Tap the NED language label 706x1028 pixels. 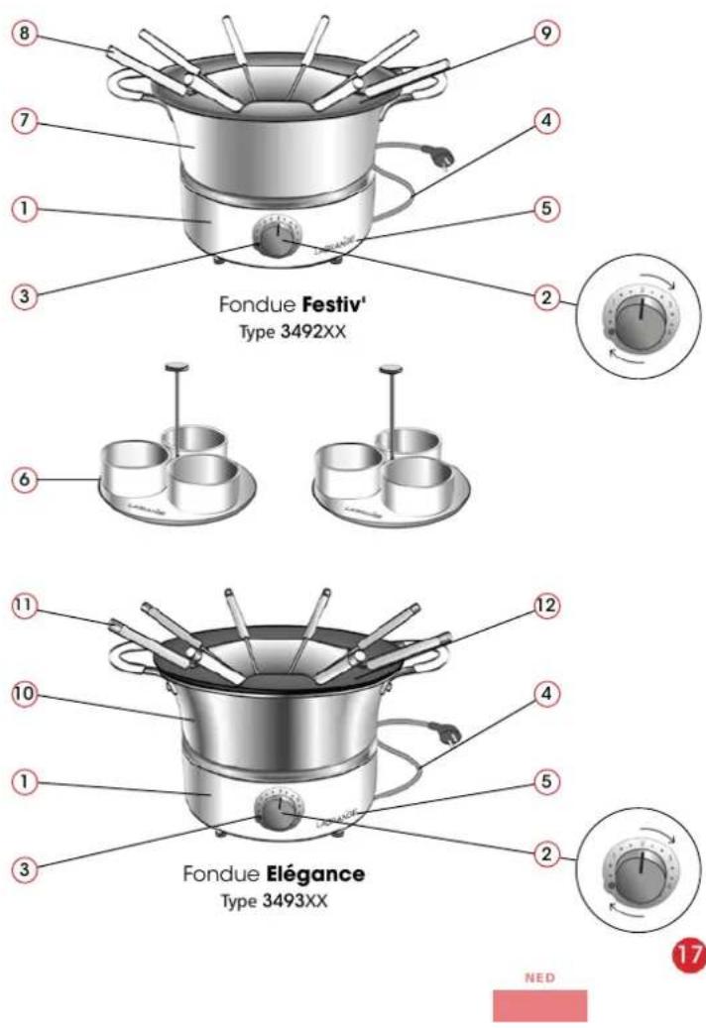coord(539,976)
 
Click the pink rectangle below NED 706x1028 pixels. coord(539,1004)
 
